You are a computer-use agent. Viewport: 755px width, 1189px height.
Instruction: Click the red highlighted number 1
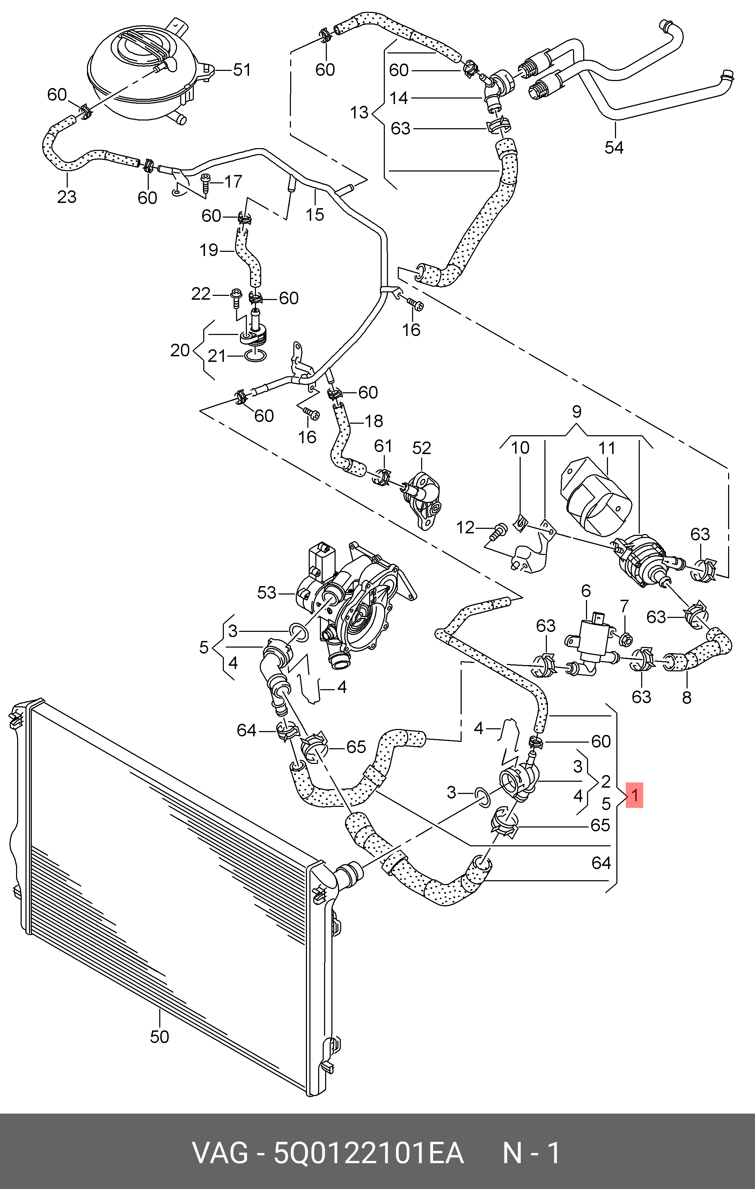click(635, 795)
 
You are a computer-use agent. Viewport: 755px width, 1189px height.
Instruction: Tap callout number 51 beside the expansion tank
click(242, 70)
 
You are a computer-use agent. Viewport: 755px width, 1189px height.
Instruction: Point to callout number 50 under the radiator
click(160, 1036)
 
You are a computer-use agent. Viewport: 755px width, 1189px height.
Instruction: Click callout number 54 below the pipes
click(614, 147)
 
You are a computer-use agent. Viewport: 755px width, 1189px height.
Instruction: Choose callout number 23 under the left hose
click(67, 197)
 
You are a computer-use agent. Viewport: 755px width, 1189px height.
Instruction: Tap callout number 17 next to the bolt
click(233, 182)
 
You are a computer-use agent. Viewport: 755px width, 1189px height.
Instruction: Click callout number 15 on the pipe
click(315, 214)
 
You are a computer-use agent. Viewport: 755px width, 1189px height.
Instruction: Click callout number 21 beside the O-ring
click(216, 356)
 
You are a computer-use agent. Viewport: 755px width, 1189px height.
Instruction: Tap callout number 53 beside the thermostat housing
click(267, 592)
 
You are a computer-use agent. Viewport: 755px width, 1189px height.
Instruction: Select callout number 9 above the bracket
click(577, 411)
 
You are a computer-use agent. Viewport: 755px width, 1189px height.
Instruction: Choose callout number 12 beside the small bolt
click(465, 527)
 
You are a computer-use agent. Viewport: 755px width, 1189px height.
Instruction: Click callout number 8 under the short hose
click(686, 697)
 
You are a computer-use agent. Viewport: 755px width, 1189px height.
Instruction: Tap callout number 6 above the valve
click(586, 591)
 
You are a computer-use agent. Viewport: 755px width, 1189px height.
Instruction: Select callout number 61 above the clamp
click(383, 446)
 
